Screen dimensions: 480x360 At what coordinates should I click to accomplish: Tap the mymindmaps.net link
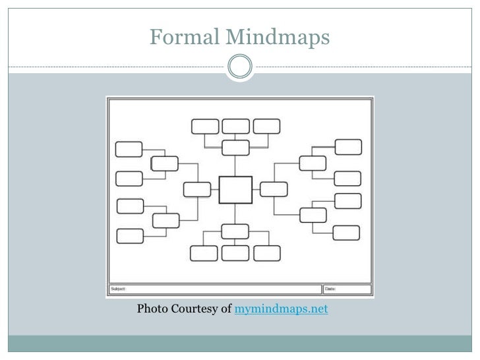pyautogui.click(x=282, y=308)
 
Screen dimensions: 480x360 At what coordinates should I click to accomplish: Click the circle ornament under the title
pyautogui.click(x=239, y=67)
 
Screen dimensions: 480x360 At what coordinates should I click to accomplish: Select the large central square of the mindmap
pyautogui.click(x=235, y=190)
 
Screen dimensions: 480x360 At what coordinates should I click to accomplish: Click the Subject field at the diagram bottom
pyautogui.click(x=215, y=289)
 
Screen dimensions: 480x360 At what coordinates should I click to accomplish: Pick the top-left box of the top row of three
pyautogui.click(x=204, y=127)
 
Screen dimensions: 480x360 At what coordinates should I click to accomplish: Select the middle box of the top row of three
pyautogui.click(x=235, y=127)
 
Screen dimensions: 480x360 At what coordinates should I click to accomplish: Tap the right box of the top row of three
pyautogui.click(x=266, y=127)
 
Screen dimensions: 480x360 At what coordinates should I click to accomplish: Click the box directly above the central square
pyautogui.click(x=235, y=148)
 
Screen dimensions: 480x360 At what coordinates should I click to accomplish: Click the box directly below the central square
pyautogui.click(x=235, y=231)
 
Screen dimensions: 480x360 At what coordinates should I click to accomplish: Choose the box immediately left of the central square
pyautogui.click(x=197, y=189)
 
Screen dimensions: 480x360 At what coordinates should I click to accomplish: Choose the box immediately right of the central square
pyautogui.click(x=273, y=189)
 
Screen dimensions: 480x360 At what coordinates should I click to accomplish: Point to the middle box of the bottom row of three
pyautogui.click(x=235, y=253)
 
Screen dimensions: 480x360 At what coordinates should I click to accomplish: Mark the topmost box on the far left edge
pyautogui.click(x=129, y=149)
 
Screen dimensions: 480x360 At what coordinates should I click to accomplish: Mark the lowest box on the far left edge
pyautogui.click(x=130, y=235)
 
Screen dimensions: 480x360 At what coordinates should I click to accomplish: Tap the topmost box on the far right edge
pyautogui.click(x=348, y=146)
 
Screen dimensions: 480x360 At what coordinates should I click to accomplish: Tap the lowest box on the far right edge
pyautogui.click(x=346, y=232)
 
